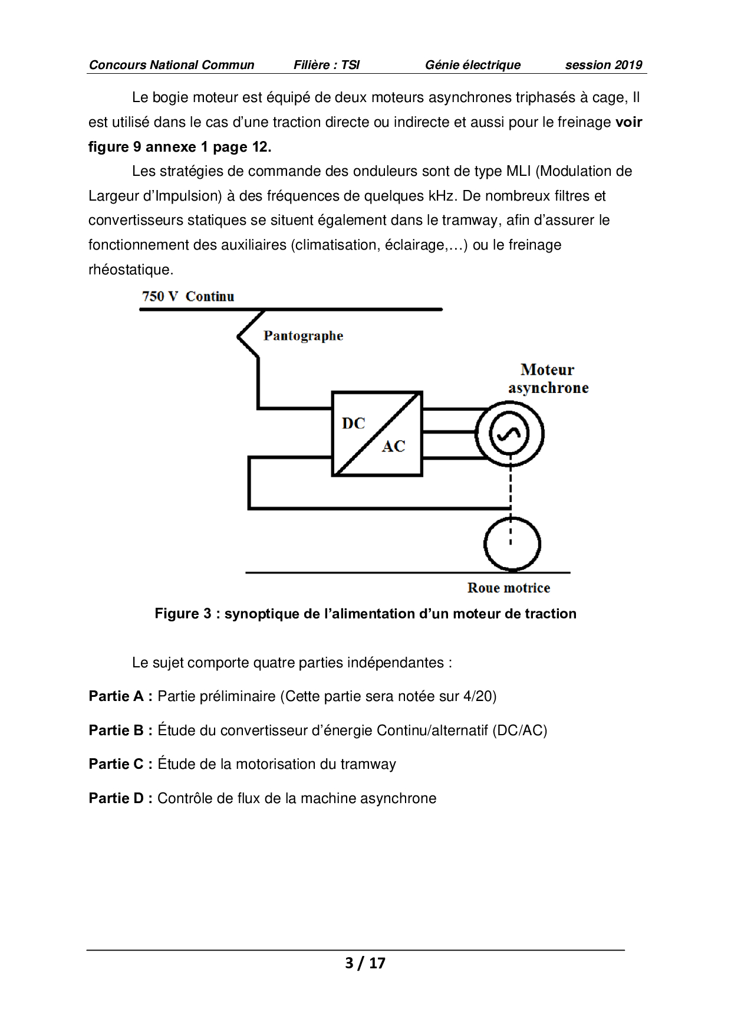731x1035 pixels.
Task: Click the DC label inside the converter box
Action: (x=353, y=423)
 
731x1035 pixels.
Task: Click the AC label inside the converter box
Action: (x=393, y=446)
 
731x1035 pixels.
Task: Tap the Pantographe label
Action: (x=303, y=336)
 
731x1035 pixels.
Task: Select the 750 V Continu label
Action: (x=188, y=296)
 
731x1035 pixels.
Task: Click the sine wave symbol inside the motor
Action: (x=509, y=434)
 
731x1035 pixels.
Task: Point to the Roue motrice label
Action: (x=508, y=588)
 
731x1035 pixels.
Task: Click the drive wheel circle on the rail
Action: (x=512, y=544)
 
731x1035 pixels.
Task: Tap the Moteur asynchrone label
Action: (x=548, y=379)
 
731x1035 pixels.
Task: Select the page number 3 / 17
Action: (x=365, y=963)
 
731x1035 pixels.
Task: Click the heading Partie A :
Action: (x=121, y=696)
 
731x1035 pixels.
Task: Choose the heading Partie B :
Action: (x=121, y=731)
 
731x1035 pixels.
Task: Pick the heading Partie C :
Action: (x=121, y=764)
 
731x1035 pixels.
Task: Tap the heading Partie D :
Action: (x=121, y=798)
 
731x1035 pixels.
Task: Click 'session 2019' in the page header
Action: (x=603, y=65)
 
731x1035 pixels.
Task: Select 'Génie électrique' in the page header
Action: (x=472, y=65)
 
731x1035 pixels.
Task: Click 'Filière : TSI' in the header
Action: (x=326, y=65)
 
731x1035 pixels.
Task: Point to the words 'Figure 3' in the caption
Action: (x=183, y=614)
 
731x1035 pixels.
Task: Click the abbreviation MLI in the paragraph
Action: (x=518, y=171)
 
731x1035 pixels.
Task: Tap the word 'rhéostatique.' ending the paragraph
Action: (x=131, y=270)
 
